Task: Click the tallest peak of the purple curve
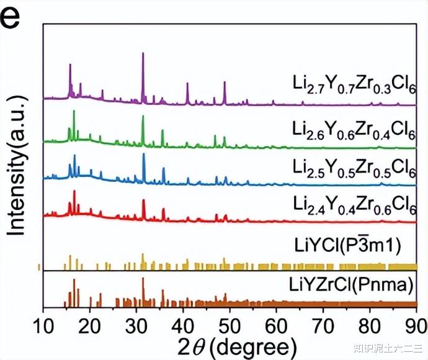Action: (143, 54)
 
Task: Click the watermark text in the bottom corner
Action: (388, 348)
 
